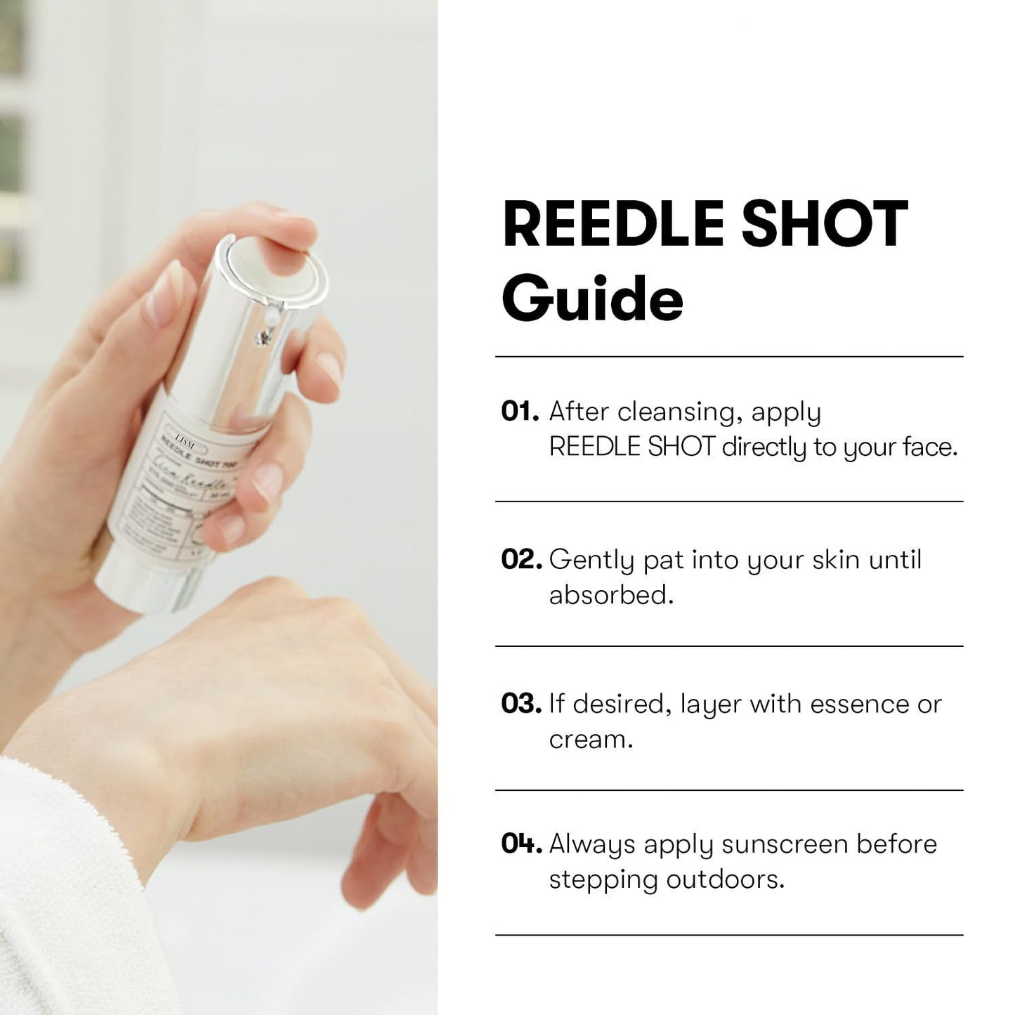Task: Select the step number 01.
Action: [519, 412]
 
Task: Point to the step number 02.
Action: [520, 560]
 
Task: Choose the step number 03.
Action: [520, 704]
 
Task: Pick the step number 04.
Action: [520, 844]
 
